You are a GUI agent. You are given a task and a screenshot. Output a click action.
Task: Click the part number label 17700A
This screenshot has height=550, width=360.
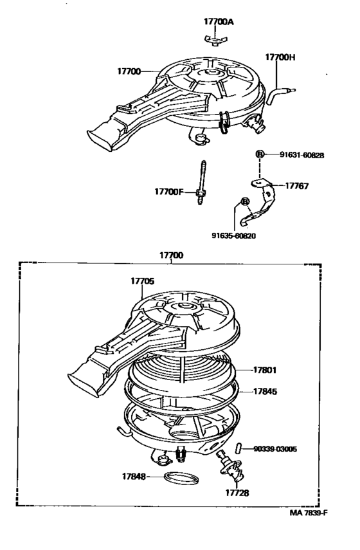pos(219,21)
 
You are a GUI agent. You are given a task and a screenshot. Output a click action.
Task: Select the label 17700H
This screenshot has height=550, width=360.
pos(280,57)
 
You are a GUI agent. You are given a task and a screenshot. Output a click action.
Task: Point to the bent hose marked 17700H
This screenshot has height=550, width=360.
pos(276,97)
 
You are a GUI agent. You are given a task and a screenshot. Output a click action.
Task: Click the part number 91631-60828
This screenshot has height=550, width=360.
pos(301,154)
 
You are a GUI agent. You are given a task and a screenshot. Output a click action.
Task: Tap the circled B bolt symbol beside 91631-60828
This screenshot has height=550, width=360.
pos(260,154)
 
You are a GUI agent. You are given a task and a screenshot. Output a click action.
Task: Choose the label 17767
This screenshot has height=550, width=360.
pos(297,186)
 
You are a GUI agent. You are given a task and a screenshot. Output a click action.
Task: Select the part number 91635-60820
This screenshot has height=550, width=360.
pos(233,235)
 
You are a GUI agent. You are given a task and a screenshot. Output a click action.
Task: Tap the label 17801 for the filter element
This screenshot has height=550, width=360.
pos(264,370)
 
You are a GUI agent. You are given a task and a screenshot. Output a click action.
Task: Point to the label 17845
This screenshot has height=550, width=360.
pos(264,390)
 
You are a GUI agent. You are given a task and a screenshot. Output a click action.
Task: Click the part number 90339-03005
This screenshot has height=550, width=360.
pos(292,448)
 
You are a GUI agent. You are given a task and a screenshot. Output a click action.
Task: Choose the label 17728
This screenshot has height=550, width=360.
pos(237,493)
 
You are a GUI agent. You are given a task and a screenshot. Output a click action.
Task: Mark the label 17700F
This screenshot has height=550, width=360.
pos(168,191)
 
